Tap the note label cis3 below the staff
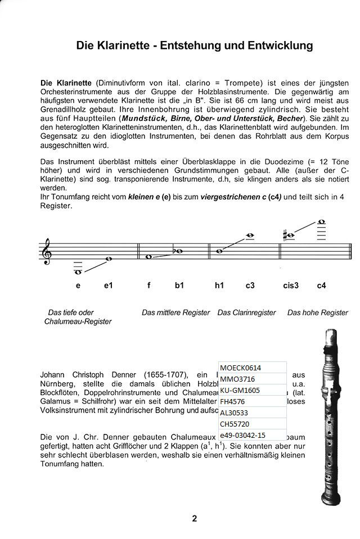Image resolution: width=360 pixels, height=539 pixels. [x=291, y=286]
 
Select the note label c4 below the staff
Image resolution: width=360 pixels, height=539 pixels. [x=321, y=286]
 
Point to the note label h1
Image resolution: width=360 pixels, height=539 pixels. [x=219, y=286]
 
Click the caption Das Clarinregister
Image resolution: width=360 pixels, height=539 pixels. [x=246, y=312]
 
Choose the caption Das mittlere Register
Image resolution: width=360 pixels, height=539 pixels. [x=175, y=312]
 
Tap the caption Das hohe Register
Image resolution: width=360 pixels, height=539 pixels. [x=317, y=312]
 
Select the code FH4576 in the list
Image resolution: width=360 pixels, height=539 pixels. [x=233, y=402]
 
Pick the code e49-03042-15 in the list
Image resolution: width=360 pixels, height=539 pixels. [x=243, y=435]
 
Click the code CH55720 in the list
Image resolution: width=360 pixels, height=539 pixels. [x=236, y=424]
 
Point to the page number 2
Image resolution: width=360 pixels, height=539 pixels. [x=194, y=519]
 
